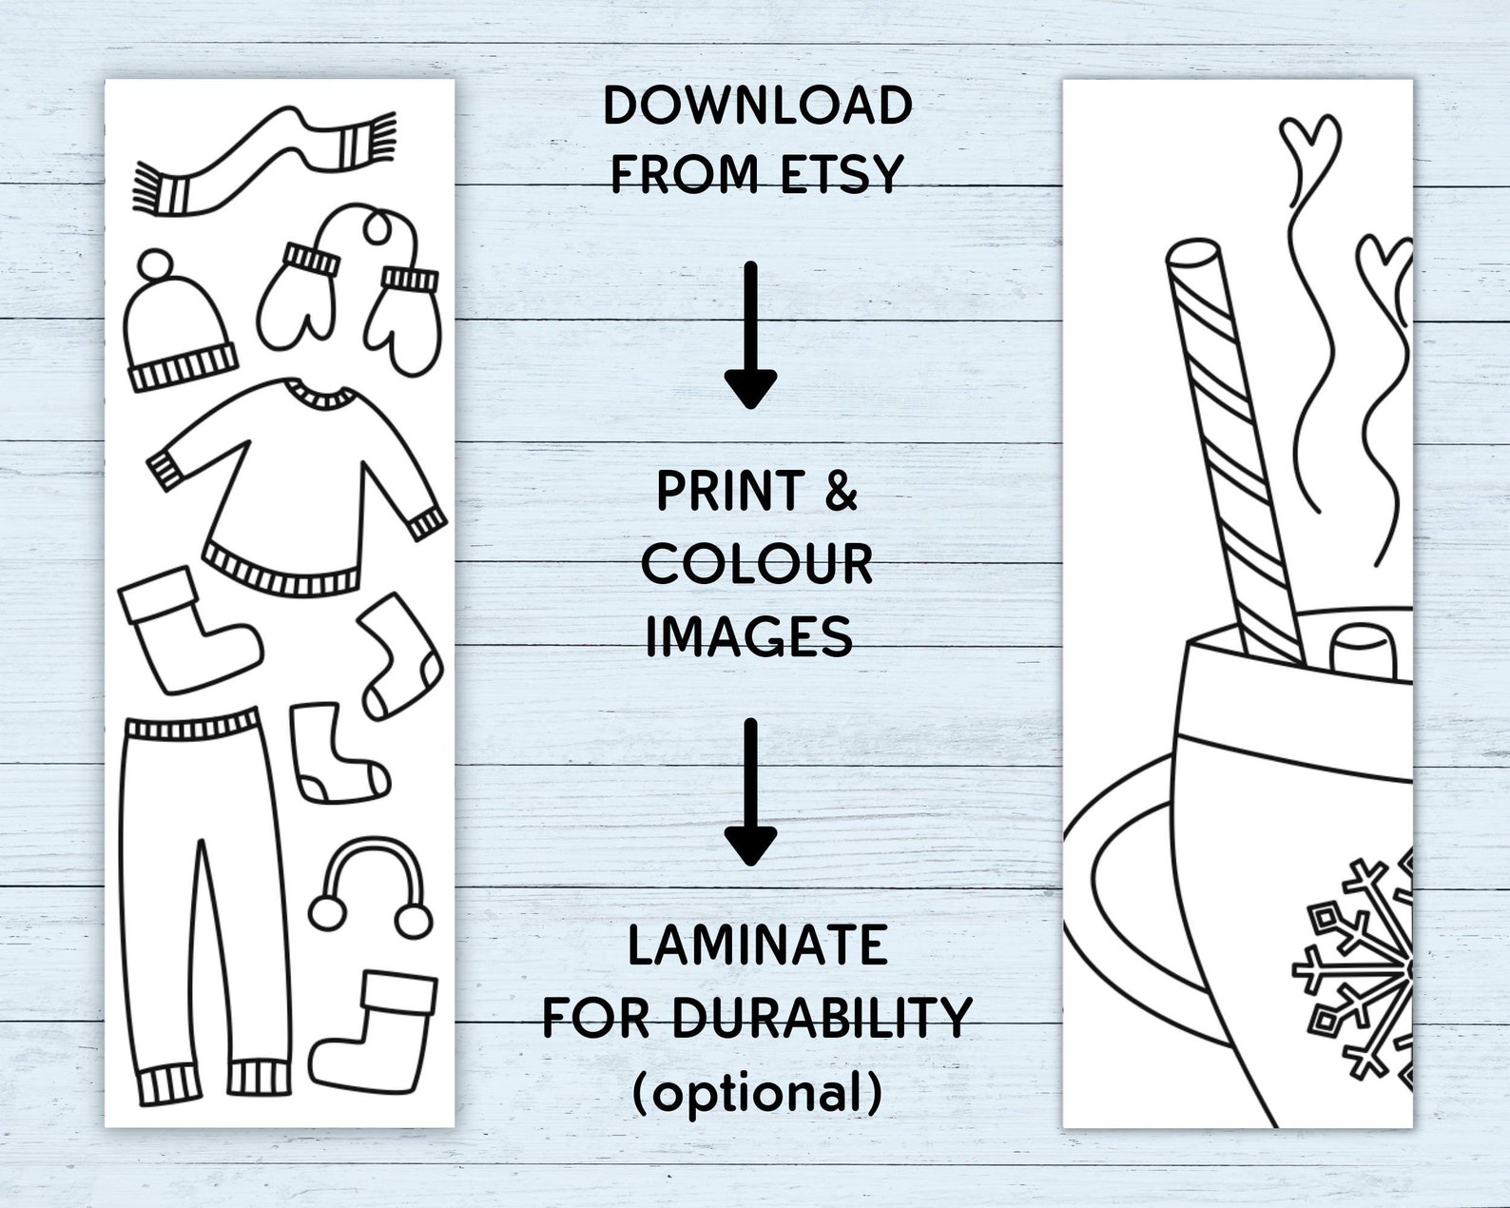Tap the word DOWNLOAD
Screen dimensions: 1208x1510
(x=758, y=106)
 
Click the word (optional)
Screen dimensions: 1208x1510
(x=758, y=1092)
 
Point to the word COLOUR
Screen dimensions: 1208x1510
(x=757, y=564)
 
